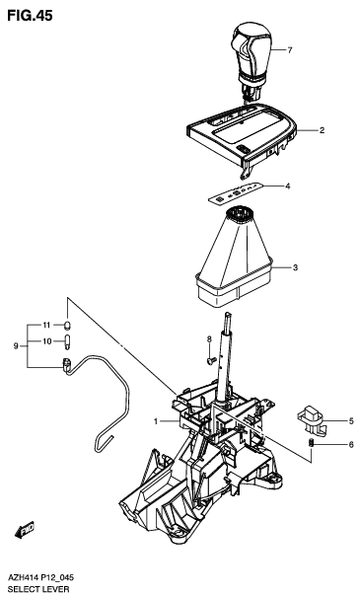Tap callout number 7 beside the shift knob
290,49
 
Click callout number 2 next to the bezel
322,130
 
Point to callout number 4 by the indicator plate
287,186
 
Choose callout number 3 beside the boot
294,267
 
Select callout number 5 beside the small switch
350,420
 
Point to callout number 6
350,445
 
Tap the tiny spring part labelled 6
313,448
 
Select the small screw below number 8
210,360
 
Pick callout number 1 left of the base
155,421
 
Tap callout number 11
45,325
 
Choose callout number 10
45,342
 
